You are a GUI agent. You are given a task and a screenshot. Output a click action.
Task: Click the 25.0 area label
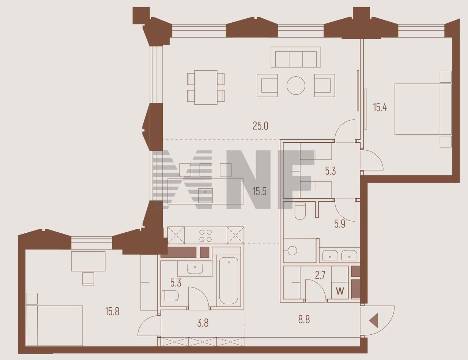pyautogui.click(x=260, y=126)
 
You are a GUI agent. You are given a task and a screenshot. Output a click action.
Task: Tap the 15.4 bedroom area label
pyautogui.click(x=380, y=107)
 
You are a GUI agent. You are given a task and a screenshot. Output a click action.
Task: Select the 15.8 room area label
pyautogui.click(x=112, y=312)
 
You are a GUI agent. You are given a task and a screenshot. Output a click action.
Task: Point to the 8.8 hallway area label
pyautogui.click(x=304, y=320)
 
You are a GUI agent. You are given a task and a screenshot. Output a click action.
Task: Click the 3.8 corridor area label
pyautogui.click(x=203, y=323)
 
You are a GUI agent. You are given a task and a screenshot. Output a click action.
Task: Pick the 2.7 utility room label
pyautogui.click(x=320, y=275)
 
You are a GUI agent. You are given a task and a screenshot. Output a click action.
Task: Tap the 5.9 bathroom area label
pyautogui.click(x=340, y=224)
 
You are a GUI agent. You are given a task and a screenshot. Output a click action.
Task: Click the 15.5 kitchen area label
pyautogui.click(x=260, y=191)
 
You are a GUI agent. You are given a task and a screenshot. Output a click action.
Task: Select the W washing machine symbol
pyautogui.click(x=340, y=291)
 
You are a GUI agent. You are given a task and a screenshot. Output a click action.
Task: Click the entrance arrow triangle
pyautogui.click(x=374, y=321)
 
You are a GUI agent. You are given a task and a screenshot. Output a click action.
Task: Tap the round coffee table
pyautogui.click(x=296, y=86)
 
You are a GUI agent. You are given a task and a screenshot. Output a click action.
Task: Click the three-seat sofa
pyautogui.click(x=296, y=57)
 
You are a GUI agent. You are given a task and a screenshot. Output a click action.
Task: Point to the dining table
pyautogui.click(x=206, y=87)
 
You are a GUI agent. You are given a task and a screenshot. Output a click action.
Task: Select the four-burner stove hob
pyautogui.click(x=205, y=236)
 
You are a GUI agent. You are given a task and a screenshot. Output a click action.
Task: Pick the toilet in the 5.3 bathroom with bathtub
pyautogui.click(x=170, y=296)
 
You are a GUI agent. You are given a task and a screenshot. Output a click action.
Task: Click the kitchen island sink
pyautogui.click(x=205, y=196)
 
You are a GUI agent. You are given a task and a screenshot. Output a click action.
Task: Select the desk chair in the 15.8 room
pyautogui.click(x=88, y=278)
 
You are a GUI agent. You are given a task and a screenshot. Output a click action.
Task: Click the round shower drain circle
pyautogui.click(x=292, y=251)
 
